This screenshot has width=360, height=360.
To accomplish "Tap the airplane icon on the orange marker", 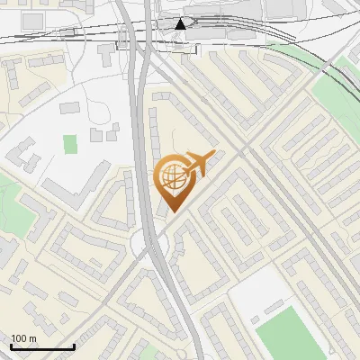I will (197, 164).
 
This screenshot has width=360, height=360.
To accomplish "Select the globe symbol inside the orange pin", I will (171, 176).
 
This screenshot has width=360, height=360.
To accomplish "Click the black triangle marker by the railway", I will (181, 24).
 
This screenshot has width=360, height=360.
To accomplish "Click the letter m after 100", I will (33, 337).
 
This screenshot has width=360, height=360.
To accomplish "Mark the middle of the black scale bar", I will (42, 346).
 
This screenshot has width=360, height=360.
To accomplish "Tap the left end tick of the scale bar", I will (11, 346).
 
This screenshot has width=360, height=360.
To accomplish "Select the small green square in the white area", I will (70, 142).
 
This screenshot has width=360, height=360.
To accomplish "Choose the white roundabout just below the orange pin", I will (144, 244).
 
